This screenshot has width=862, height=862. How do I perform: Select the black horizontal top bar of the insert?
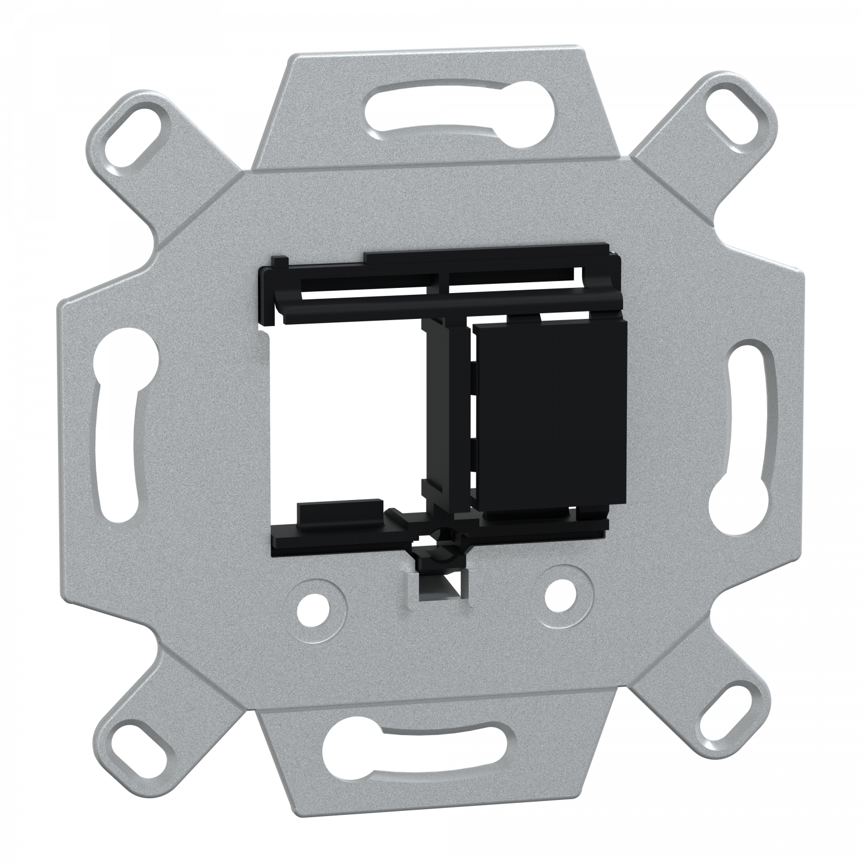click(x=448, y=305)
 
